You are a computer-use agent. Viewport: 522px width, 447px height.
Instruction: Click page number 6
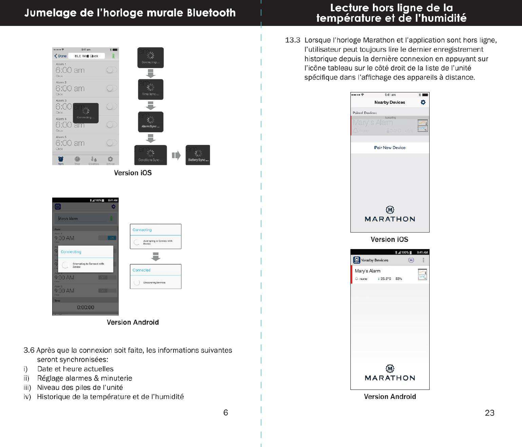[x=226, y=412]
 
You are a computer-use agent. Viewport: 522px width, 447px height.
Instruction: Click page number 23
[x=489, y=413]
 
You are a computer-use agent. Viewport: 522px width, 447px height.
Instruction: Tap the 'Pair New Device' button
[x=390, y=148]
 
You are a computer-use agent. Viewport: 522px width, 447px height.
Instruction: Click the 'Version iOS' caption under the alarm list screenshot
[x=133, y=173]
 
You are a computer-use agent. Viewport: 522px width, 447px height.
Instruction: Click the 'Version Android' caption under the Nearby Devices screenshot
[x=390, y=397]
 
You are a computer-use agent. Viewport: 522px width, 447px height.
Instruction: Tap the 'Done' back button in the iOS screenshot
[x=61, y=56]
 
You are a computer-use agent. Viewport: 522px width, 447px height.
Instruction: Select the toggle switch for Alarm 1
[x=111, y=70]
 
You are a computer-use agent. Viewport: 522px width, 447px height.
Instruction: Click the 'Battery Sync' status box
[x=198, y=155]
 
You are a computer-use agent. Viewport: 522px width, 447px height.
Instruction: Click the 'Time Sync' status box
[x=151, y=89]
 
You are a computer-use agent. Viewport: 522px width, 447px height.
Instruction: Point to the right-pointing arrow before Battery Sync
[x=176, y=155]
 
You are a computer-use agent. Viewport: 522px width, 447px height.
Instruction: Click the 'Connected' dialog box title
[x=142, y=270]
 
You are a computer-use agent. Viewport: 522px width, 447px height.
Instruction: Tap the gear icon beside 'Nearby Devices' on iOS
[x=423, y=102]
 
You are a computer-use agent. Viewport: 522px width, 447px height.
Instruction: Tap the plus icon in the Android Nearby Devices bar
[x=411, y=260]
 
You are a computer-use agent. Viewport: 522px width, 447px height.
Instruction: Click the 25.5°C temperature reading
[x=385, y=279]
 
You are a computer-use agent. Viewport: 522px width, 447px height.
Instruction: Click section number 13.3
[x=293, y=40]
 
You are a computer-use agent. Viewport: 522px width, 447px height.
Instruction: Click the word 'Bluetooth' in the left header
[x=211, y=13]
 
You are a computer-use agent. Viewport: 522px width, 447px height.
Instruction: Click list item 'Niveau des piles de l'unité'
[x=80, y=387]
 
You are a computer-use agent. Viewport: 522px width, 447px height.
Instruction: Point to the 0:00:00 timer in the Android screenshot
[x=86, y=307]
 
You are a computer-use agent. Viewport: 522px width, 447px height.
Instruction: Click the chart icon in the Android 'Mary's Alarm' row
[x=422, y=274]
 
